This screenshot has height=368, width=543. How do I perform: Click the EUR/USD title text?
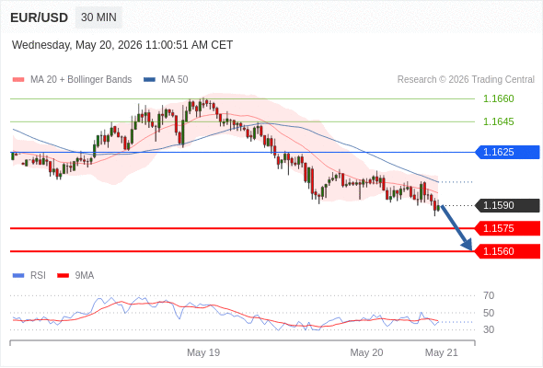tap(40, 17)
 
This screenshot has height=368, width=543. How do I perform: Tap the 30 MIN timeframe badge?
tap(98, 17)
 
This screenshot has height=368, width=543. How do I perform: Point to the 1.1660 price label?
tap(498, 98)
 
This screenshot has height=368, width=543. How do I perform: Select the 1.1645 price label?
tap(498, 121)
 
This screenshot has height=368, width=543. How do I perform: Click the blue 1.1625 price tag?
tap(507, 152)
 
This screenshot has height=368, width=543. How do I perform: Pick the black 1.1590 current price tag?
tap(507, 205)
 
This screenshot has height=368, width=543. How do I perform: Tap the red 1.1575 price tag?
tap(507, 228)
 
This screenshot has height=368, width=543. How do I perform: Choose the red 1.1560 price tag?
tap(507, 251)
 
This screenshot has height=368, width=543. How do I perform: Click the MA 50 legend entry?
tap(166, 79)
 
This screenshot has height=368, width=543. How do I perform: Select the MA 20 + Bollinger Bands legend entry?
tap(72, 79)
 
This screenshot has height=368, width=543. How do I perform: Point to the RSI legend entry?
tap(29, 275)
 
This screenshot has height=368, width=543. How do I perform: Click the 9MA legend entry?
tap(75, 275)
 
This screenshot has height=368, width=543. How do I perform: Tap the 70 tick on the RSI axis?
tap(489, 295)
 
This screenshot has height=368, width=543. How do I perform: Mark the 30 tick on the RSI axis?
tap(489, 329)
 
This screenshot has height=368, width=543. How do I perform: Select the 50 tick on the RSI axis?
tap(489, 313)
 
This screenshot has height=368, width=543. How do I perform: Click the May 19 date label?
tap(203, 352)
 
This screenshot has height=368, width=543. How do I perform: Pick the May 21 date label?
tap(441, 352)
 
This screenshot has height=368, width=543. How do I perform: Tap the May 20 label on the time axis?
tap(366, 352)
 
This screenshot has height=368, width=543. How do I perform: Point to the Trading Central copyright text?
tap(466, 79)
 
